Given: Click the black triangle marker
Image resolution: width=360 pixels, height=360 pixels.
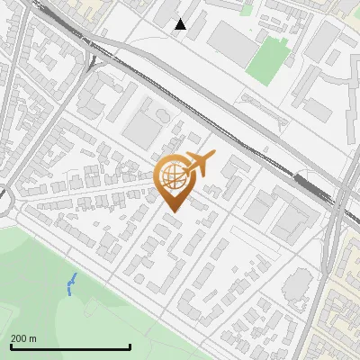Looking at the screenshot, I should (181, 24).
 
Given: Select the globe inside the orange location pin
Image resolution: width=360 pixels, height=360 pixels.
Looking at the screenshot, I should (173, 177).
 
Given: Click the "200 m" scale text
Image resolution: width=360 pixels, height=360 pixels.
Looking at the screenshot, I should (23, 338).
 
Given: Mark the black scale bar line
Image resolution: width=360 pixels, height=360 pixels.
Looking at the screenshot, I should (70, 347).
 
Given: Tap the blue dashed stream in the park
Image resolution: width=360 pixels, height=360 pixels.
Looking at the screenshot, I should (72, 284).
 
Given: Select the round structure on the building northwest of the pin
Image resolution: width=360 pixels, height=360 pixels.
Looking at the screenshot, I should (161, 116).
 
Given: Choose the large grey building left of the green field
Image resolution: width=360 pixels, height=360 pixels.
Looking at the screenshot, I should (229, 40).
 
